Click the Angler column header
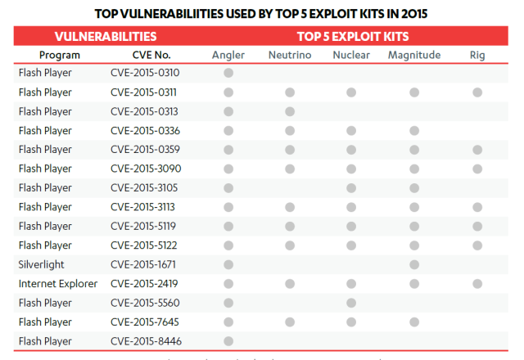pos(228,55)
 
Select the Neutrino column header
pos(289,55)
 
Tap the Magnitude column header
pos(414,55)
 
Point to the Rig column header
pos(477,55)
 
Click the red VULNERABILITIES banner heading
pos(106,37)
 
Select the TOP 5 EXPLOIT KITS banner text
pos(353,37)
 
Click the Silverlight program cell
pos(41,264)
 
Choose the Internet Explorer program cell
pos(57,284)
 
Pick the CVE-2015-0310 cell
pos(145,73)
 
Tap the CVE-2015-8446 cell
pos(145,341)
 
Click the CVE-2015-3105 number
pos(145,187)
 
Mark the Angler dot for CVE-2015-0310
pos(228,73)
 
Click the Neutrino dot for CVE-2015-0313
pos(289,111)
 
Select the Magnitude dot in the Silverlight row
pos(414,264)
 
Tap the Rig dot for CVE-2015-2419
pos(477,284)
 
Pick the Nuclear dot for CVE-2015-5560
pos(350,303)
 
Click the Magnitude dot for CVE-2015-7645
pos(414,322)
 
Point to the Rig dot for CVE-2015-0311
pos(477,92)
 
